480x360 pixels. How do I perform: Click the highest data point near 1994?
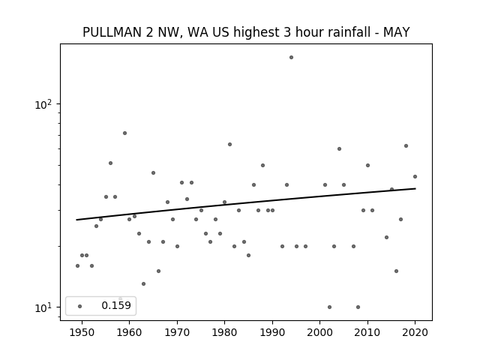(x=291, y=57)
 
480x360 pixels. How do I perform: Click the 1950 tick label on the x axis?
(x=82, y=332)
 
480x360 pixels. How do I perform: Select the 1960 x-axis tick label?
(x=129, y=332)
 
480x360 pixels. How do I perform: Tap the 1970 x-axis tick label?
(x=177, y=332)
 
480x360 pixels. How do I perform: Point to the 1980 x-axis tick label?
(x=224, y=332)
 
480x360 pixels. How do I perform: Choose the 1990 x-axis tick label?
(x=272, y=332)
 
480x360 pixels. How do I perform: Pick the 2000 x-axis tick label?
(x=320, y=332)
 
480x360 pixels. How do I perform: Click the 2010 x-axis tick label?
(x=367, y=332)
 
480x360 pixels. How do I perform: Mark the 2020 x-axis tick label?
(x=415, y=332)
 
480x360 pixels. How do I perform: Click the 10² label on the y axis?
(x=43, y=104)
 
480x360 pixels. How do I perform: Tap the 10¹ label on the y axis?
(x=43, y=307)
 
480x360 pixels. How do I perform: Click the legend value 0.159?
(x=116, y=305)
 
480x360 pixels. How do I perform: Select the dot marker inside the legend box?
(x=79, y=306)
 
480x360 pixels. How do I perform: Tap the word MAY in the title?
(x=397, y=32)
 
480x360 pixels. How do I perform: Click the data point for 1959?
(x=124, y=133)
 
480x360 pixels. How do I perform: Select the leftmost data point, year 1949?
(x=77, y=265)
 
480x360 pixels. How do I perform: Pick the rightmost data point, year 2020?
(x=415, y=176)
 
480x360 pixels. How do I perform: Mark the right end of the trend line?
(x=415, y=188)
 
